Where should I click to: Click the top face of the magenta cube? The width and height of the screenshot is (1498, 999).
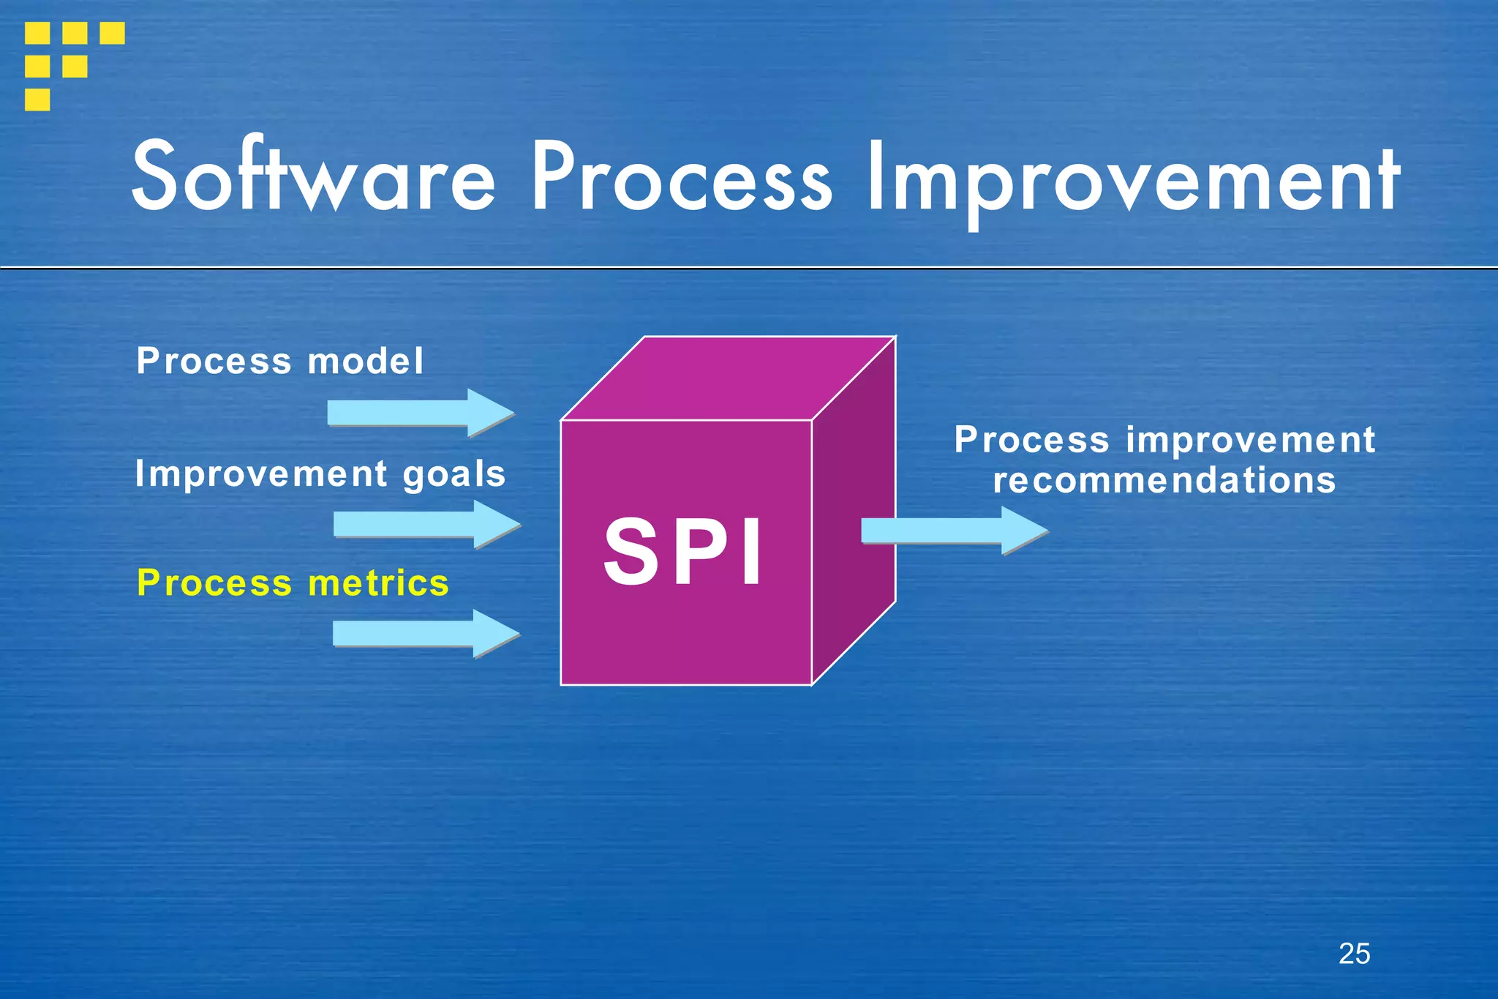pos(728,378)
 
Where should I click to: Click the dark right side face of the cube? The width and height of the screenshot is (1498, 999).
pos(854,512)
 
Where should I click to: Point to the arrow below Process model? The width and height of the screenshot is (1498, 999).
pos(421,413)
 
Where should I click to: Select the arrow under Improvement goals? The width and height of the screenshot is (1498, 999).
pos(426,524)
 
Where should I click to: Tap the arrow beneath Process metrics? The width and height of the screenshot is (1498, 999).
pos(426,633)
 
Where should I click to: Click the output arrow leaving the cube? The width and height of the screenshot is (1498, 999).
pos(954,531)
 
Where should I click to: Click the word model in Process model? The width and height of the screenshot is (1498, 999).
pos(365,362)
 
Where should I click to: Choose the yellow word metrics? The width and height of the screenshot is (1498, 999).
pos(378,583)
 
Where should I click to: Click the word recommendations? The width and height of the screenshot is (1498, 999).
pos(1164,481)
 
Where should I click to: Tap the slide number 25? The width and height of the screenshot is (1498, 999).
pos(1354,954)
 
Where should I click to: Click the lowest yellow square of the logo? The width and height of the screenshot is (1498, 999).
pos(37,99)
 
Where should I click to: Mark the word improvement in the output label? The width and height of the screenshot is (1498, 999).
pos(1251,441)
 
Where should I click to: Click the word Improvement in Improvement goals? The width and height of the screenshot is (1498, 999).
pos(261,474)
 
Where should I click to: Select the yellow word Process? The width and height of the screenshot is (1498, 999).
pos(214,583)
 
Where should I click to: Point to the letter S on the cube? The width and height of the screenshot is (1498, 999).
pos(631,552)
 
